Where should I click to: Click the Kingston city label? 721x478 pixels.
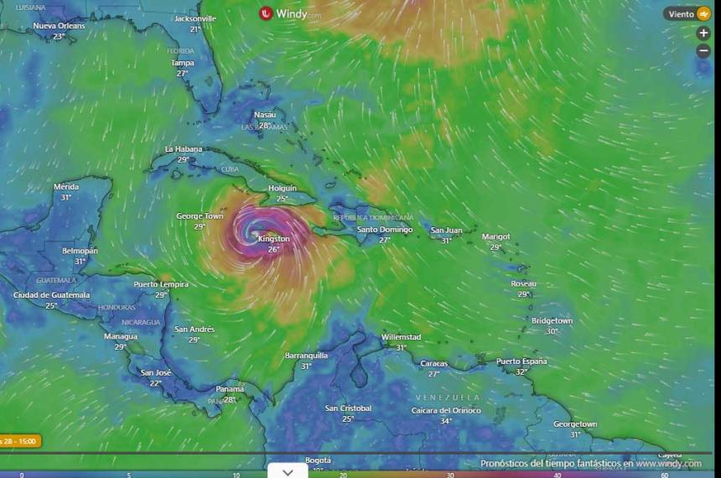coord(273,239)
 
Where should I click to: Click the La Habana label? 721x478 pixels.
coord(184,149)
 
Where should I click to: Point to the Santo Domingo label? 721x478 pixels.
coord(385,230)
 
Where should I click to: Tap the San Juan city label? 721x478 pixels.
coord(446,231)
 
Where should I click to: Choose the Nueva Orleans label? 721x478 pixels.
coord(59,26)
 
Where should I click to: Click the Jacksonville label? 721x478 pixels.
coord(195,18)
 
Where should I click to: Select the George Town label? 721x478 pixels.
coord(200,216)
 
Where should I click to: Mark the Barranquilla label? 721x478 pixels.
coord(306,356)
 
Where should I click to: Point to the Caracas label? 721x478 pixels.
coord(434,364)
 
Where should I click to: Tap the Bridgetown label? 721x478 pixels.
coord(552,321)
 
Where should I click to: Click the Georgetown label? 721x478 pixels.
coord(575,424)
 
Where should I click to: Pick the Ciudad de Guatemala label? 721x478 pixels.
coord(51,295)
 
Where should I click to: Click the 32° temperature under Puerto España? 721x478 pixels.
coord(521,371)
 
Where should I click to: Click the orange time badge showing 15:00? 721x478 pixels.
coord(18,441)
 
